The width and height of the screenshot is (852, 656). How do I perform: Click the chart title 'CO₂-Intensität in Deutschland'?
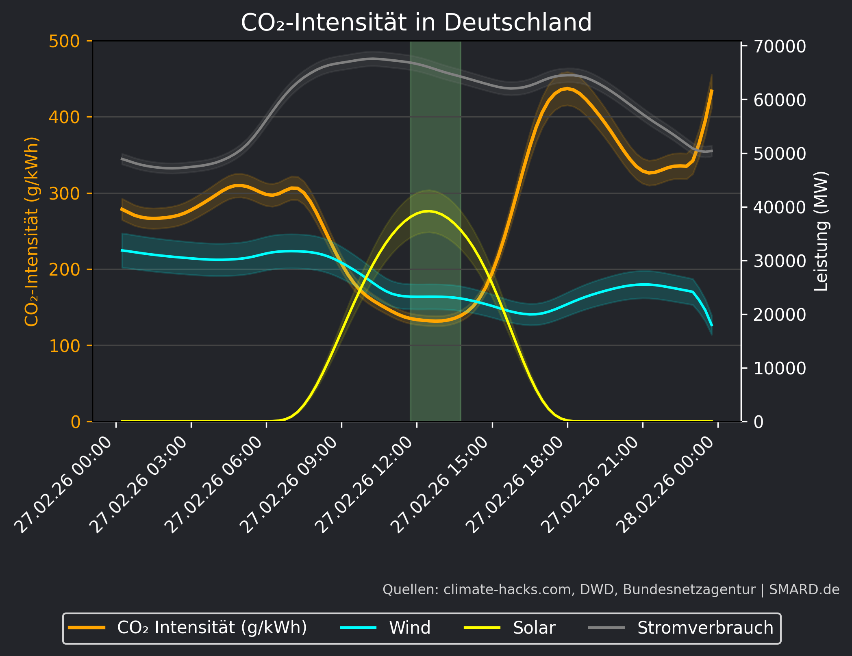coord(416,22)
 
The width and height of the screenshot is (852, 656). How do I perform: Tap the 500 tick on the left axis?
coord(64,41)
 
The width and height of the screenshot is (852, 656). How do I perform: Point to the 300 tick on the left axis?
coord(64,193)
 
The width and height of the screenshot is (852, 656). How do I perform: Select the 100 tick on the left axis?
coord(64,346)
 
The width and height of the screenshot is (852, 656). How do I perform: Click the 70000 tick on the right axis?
coord(779,47)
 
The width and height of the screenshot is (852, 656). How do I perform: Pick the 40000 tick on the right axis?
coord(779,208)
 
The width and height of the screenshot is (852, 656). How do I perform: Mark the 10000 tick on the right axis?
coord(779,369)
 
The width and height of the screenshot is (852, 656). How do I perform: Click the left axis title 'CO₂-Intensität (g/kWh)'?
coord(32,232)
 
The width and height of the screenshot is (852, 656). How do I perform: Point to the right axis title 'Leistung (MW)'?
coord(821,232)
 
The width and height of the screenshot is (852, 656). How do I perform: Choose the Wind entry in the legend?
coord(409,628)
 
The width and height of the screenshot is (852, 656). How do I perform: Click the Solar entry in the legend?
coord(534,628)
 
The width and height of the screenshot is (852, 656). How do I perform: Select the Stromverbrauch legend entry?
coord(705,628)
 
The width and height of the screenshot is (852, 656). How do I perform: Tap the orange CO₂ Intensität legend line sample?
coord(87,628)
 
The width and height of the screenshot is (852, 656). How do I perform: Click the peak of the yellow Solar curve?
coord(428,211)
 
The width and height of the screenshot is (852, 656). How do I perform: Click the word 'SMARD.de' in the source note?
coord(804,590)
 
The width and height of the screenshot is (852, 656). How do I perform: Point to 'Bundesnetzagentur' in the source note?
coord(689,590)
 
